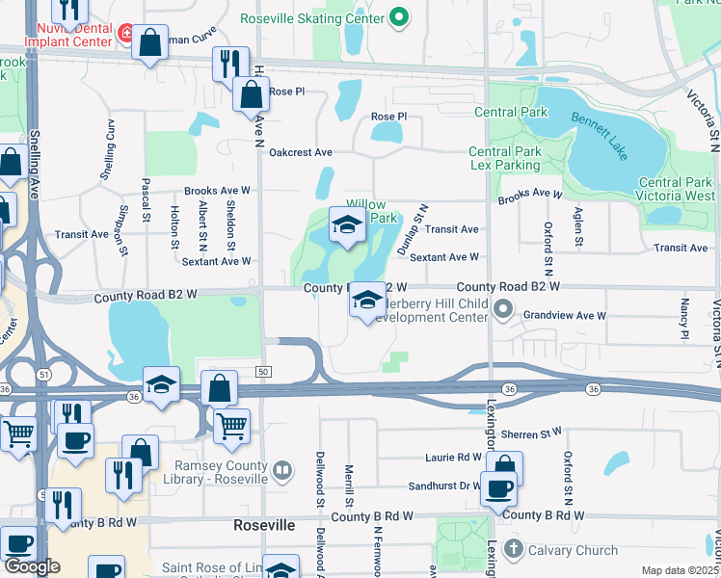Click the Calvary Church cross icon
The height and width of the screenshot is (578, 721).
pos(514,550)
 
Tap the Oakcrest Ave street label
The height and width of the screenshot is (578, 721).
pos(301,153)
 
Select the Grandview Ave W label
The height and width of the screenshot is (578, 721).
pos(565,315)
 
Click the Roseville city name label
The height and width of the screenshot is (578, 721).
pos(264,526)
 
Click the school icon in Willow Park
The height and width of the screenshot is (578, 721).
pos(347,225)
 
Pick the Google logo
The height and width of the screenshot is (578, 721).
pos(32,566)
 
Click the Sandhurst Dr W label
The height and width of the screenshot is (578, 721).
pos(443,487)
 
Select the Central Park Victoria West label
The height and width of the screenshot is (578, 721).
pos(675,189)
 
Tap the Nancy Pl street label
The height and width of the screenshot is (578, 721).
pos(684,318)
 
